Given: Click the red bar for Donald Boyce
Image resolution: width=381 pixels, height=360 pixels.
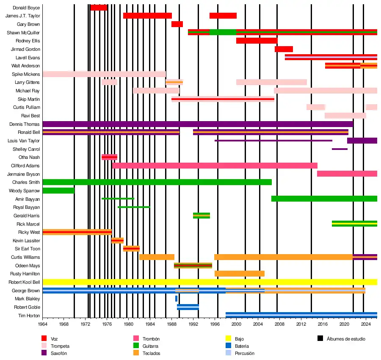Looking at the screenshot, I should [99, 8].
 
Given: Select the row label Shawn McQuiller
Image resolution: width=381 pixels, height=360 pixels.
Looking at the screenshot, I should [23, 33].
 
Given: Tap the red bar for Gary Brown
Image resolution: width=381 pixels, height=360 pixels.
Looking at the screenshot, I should [177, 24].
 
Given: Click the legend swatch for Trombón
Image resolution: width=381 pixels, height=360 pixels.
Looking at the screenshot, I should [136, 338].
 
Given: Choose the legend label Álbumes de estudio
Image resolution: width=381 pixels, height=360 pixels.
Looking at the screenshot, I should [346, 339].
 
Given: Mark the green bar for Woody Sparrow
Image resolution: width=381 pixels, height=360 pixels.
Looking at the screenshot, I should [58, 191].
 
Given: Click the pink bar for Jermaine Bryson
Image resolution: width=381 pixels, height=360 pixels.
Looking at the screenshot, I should [347, 174].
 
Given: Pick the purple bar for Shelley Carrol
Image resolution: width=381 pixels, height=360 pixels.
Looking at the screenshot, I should [340, 149].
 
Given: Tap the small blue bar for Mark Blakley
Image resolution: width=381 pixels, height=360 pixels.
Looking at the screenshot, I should [176, 299].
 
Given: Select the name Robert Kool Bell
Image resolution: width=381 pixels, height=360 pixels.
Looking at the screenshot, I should [24, 282].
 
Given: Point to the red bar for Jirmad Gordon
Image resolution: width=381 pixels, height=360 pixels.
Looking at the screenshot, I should [284, 49].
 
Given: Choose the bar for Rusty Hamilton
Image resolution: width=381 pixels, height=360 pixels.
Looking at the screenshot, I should [239, 274].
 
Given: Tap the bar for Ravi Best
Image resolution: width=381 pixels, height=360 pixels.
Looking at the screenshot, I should [345, 116].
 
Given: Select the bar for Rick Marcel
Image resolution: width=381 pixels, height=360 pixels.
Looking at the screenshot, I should [354, 224].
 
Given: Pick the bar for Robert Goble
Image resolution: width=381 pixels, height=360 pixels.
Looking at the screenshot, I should [188, 307].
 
